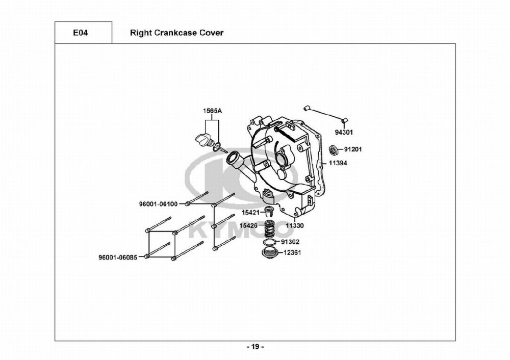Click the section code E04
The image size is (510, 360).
(81, 33)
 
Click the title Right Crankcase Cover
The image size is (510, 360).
(176, 33)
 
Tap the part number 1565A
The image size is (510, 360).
(212, 111)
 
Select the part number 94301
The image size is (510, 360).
(344, 132)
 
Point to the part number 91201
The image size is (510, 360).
(352, 150)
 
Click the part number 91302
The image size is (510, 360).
(290, 242)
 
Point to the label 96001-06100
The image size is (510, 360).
(158, 204)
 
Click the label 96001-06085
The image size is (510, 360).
(117, 258)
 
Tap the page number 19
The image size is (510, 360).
(255, 347)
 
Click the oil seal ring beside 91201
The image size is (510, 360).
(334, 149)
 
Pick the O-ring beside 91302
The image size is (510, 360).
(271, 242)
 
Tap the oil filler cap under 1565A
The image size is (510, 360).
(202, 140)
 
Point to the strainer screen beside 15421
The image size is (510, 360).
(270, 212)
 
